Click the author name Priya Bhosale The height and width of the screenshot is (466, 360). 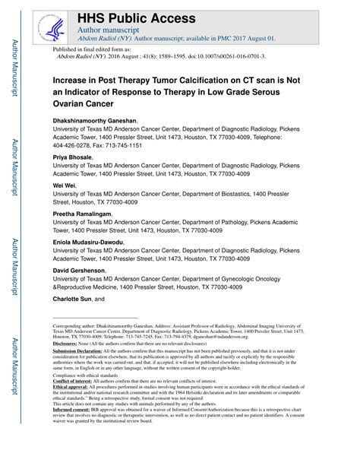[72, 156]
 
